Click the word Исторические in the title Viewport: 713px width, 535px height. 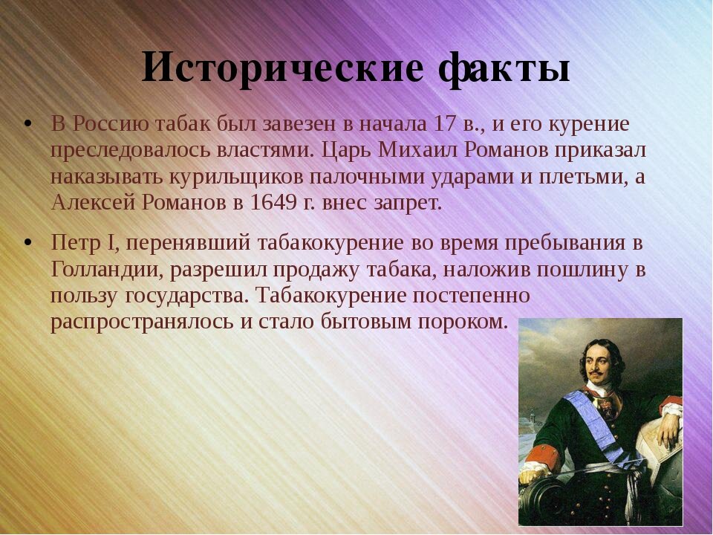[x=282, y=68]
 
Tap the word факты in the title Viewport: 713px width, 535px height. [x=504, y=68]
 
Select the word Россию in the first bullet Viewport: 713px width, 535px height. [x=111, y=124]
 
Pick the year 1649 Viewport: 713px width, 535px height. [x=274, y=203]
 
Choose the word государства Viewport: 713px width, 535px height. [x=186, y=296]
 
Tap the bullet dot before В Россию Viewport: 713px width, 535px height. [x=28, y=124]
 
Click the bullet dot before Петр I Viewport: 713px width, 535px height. [x=28, y=242]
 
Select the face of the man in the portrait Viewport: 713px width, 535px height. [x=599, y=365]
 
